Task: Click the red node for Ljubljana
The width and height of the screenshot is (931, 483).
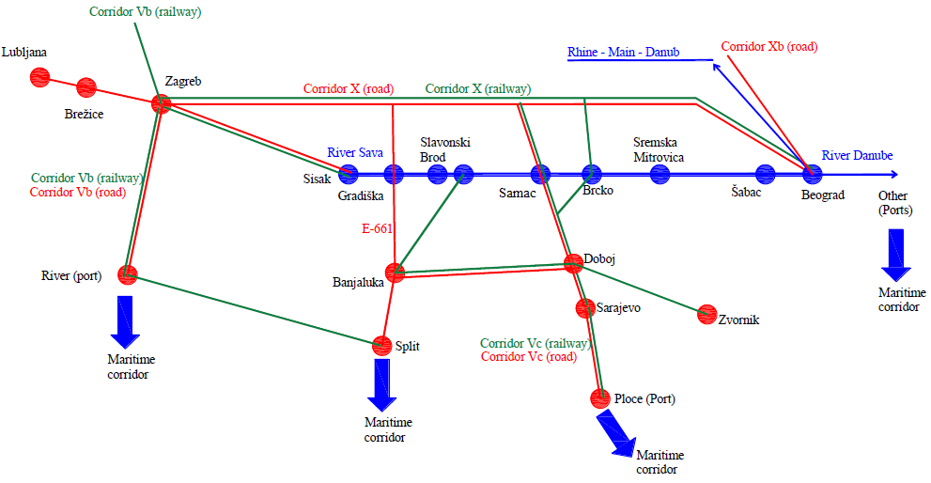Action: coord(39,77)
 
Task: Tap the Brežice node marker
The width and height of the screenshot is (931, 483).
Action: coord(86,87)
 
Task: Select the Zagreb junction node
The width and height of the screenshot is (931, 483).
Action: coord(161,103)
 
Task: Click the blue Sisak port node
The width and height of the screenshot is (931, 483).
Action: coord(349,173)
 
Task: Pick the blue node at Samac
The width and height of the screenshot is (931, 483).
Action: coord(540,174)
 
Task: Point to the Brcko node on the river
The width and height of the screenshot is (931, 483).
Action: coord(591,174)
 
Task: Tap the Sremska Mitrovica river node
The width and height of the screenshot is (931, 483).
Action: coord(659,174)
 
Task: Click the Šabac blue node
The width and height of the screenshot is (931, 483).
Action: coord(765,174)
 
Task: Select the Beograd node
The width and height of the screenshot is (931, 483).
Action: coord(812,174)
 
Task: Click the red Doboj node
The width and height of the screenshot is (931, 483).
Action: coord(573,261)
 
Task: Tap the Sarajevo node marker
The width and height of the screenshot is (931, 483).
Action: coord(585,307)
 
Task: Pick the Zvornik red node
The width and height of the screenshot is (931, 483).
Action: coord(707,314)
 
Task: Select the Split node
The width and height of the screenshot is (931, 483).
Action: coord(381,345)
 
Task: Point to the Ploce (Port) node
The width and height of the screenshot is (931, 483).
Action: coord(599,398)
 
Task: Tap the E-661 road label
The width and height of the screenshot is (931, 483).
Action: coord(378,227)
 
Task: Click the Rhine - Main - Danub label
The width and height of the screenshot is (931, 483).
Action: coord(623,53)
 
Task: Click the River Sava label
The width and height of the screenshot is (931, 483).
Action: coord(355,152)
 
